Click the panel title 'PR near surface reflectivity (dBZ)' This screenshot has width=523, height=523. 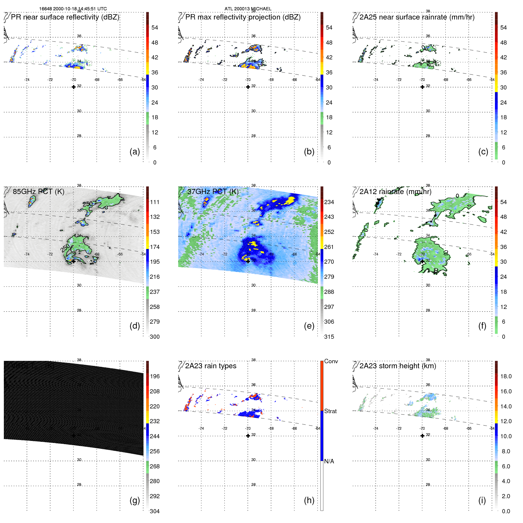point(65,17)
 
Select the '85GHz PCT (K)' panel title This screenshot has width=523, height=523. point(38,192)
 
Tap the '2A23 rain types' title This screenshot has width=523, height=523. point(211,366)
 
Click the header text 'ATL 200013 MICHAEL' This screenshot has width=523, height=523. point(248,9)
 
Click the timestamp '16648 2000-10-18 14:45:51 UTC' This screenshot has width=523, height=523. point(73,9)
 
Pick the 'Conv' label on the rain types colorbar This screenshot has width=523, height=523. point(331,361)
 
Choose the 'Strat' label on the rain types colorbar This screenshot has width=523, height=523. point(330,411)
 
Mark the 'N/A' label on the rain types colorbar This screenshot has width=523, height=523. point(329,461)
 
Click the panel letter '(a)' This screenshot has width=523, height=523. point(135,151)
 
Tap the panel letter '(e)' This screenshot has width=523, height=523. point(309,326)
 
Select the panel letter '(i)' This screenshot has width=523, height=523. point(482,500)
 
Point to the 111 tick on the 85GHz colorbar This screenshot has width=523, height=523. point(154,202)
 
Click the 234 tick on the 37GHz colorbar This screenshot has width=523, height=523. point(329,202)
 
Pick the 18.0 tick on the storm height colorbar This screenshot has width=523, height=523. point(506,376)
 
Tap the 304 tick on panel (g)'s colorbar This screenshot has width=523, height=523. point(154,511)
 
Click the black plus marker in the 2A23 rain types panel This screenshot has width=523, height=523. point(248,436)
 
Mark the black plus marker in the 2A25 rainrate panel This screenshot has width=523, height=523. point(422,87)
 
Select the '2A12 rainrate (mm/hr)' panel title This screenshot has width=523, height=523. point(395,192)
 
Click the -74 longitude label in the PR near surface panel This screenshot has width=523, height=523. point(27,80)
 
